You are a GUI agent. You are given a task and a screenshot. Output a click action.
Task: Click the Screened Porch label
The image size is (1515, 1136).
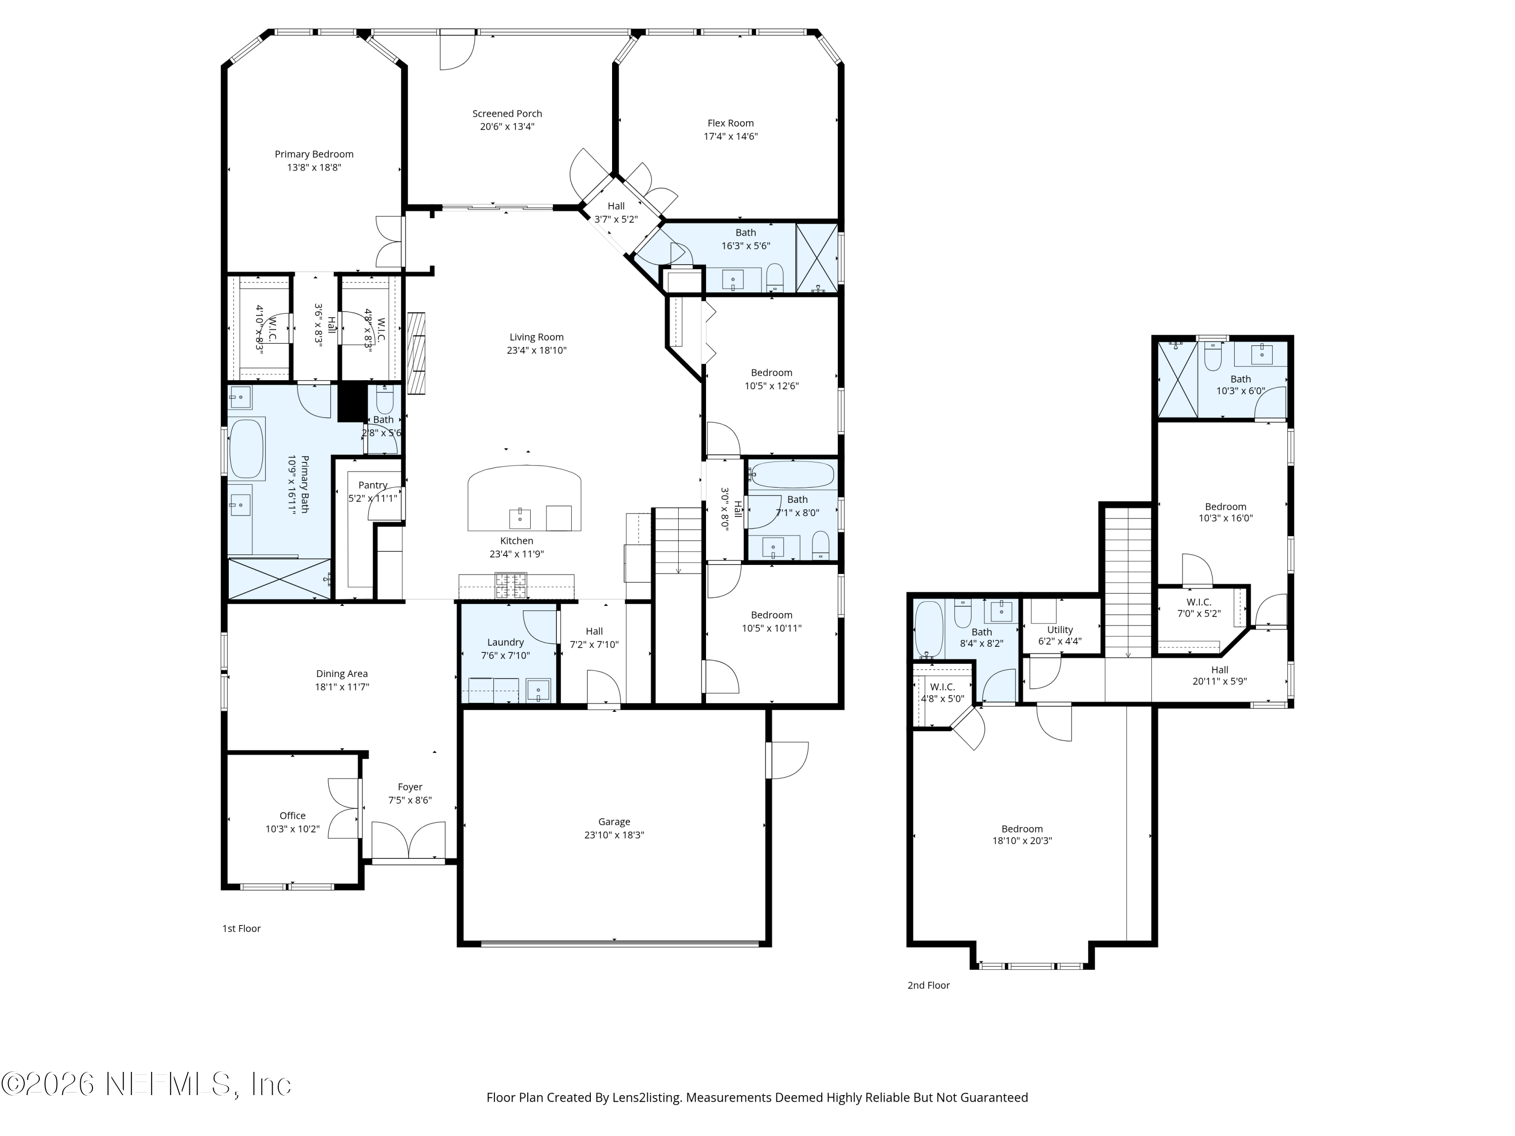tap(507, 114)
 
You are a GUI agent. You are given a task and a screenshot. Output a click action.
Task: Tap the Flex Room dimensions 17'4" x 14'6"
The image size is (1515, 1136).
tap(730, 136)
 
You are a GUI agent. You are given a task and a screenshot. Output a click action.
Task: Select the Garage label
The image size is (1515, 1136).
tap(614, 821)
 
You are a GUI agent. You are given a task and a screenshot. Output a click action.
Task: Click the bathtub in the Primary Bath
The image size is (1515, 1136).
tap(246, 449)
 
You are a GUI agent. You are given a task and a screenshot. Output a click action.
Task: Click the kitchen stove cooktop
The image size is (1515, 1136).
tap(512, 586)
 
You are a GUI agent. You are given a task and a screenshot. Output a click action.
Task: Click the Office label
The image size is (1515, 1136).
tap(292, 815)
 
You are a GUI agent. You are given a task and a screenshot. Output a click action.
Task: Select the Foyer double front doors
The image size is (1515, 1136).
tap(408, 841)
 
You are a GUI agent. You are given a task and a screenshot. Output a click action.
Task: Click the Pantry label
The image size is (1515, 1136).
tap(373, 485)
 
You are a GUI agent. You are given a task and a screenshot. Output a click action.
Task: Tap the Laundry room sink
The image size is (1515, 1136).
tap(538, 690)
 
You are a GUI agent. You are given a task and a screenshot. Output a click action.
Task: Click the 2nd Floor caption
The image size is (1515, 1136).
tap(928, 986)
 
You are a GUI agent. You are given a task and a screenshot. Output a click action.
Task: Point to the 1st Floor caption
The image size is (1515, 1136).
tap(241, 928)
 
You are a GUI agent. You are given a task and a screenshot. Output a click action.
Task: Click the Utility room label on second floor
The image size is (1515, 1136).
tap(1059, 630)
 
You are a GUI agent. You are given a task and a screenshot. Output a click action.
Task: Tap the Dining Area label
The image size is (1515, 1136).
tap(342, 674)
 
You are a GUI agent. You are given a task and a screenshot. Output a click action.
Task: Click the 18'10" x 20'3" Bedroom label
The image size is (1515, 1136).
tap(1022, 829)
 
